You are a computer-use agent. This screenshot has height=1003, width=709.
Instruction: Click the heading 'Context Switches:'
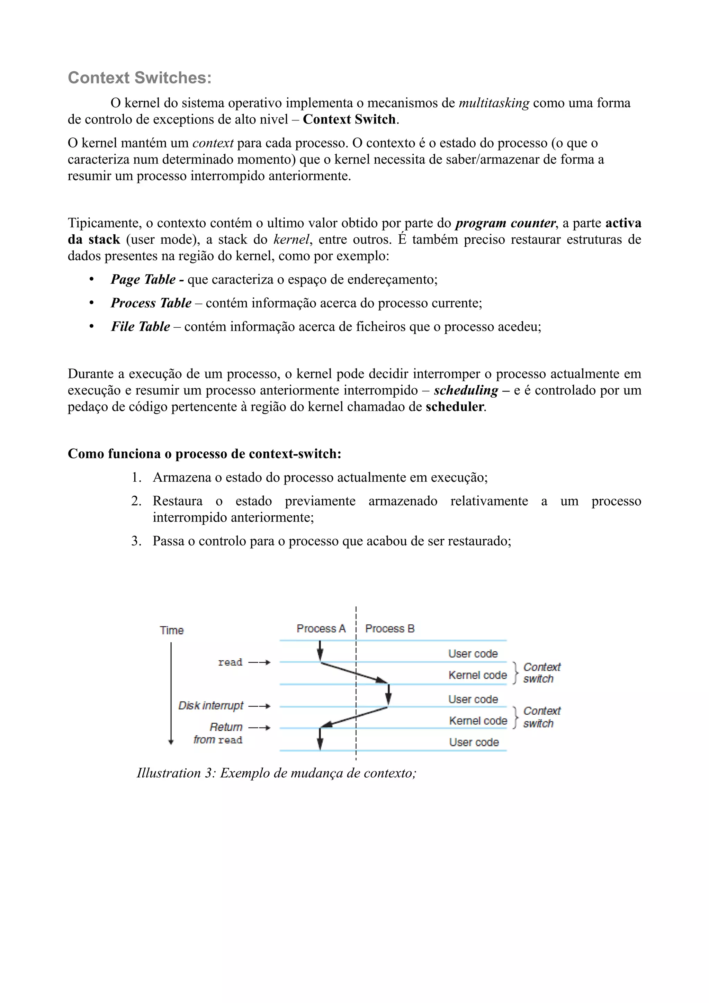[140, 78]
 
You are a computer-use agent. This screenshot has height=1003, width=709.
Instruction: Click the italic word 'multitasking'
[494, 103]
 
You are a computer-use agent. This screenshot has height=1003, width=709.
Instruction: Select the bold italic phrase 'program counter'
[505, 223]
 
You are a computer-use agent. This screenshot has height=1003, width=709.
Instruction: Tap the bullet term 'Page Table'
[143, 280]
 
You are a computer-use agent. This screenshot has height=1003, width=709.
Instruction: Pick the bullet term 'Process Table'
[151, 303]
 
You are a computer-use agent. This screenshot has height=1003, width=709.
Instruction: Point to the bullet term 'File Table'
[140, 327]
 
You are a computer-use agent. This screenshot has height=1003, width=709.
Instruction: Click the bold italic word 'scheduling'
[466, 390]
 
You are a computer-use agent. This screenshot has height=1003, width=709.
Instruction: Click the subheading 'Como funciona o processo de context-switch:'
[205, 454]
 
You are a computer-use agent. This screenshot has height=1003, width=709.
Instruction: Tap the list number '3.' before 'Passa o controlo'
[136, 541]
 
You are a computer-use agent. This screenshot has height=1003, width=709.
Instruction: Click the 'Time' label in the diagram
[172, 630]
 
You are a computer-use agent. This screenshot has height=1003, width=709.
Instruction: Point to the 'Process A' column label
[321, 629]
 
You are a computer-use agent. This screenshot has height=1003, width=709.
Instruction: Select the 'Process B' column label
[390, 629]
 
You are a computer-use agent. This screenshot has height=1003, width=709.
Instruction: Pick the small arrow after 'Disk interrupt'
[260, 706]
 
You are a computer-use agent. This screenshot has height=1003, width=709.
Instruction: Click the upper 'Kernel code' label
[477, 675]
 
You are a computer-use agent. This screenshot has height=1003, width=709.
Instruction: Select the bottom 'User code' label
[474, 743]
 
